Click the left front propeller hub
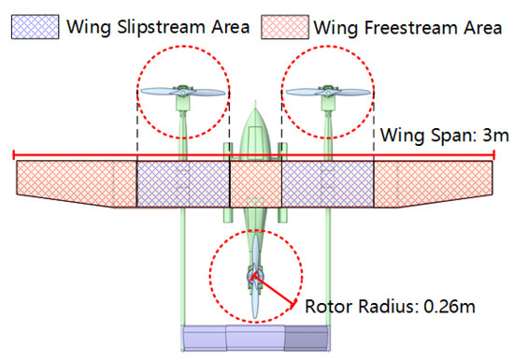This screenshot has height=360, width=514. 182,92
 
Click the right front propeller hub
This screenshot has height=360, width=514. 328,92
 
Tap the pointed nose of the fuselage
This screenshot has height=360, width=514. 255,110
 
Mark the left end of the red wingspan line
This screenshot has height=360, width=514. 13,152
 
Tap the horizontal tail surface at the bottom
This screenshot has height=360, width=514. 255,338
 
